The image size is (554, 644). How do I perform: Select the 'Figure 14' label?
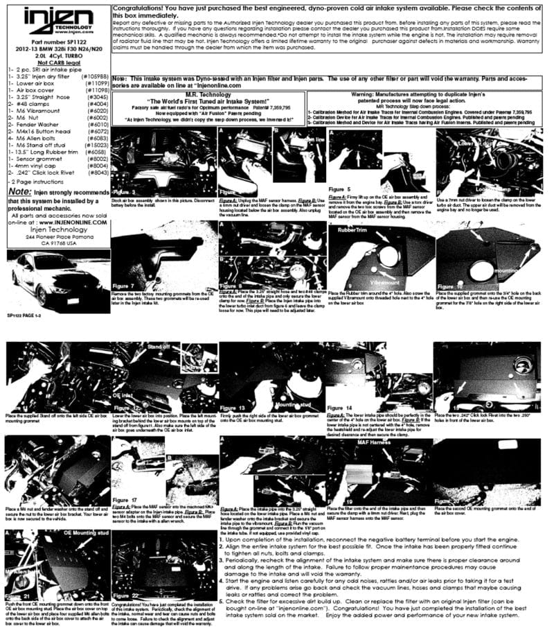coord(340,408)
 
